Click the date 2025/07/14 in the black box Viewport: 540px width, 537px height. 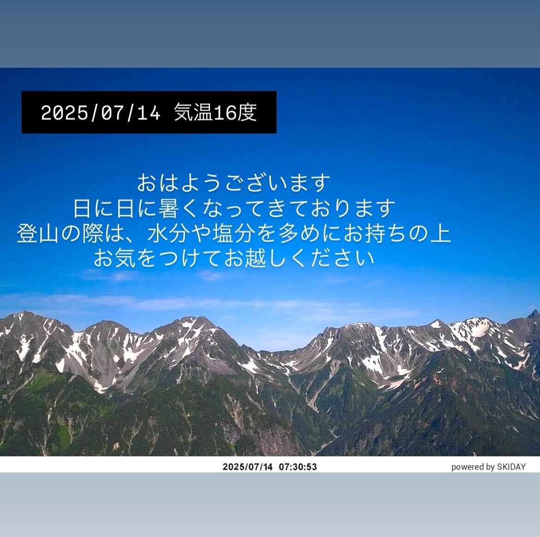coord(101,112)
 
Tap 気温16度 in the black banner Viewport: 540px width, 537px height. coord(216,112)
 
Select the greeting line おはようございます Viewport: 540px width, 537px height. coord(234,183)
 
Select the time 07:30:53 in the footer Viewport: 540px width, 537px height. coord(298,467)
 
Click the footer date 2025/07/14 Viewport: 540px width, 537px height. coord(247,467)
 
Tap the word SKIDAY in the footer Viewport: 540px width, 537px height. coord(511,467)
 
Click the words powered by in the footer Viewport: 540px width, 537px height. coord(473,467)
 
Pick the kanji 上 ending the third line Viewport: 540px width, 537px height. coord(440,233)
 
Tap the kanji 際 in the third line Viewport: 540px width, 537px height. coord(93,233)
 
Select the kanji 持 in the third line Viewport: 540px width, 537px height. coord(375,233)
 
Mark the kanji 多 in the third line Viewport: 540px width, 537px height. coord(288,233)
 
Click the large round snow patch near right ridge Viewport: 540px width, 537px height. coord(479,330)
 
